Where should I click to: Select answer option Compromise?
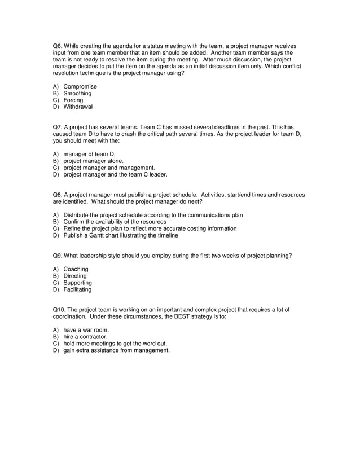pyautogui.click(x=80, y=87)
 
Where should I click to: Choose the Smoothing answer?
pyautogui.click(x=77, y=94)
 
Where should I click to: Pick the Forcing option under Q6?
pyautogui.click(x=73, y=100)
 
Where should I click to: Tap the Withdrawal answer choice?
pyautogui.click(x=78, y=107)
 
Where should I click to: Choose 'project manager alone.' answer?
pyautogui.click(x=93, y=161)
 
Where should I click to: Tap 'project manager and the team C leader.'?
pyautogui.click(x=115, y=174)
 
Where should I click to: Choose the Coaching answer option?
pyautogui.click(x=76, y=270)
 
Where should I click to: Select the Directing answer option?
pyautogui.click(x=75, y=276)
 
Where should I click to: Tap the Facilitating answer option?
pyautogui.click(x=77, y=290)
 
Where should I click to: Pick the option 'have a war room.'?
pyautogui.click(x=86, y=330)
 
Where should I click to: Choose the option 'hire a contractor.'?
pyautogui.click(x=85, y=337)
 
